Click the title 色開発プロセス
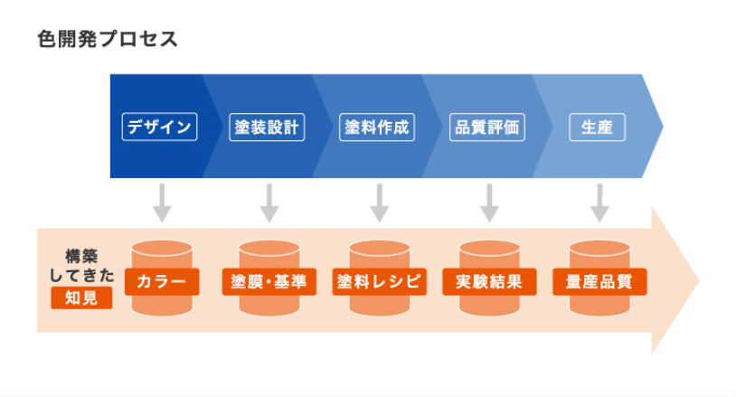[108, 40]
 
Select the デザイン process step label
[159, 128]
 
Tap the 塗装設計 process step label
[269, 128]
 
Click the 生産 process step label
[598, 128]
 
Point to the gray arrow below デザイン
[161, 203]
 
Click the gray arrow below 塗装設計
[269, 203]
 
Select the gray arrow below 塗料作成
[380, 203]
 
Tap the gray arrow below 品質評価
[489, 203]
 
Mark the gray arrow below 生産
[599, 203]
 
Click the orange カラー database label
[161, 281]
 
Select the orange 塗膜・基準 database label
[269, 281]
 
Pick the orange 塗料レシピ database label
[379, 281]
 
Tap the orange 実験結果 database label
[489, 281]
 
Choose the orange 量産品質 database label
[599, 281]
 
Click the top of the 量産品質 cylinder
[599, 249]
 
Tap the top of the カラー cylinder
[161, 249]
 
